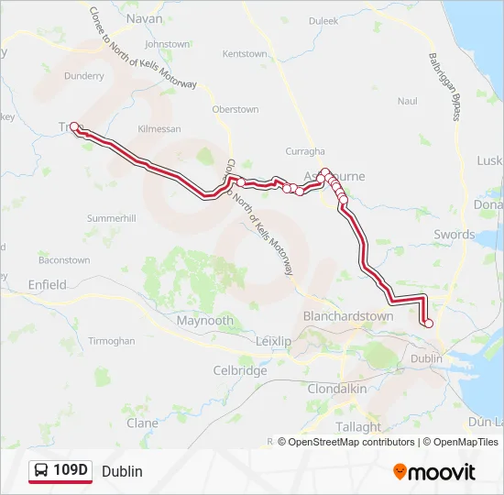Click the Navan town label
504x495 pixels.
144,18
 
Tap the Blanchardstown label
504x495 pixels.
348,316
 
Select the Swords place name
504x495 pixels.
455,235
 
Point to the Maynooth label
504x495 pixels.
205,321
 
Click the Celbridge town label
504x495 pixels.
239,371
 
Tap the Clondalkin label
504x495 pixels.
337,389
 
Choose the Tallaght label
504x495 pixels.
358,426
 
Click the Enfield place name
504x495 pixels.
48,285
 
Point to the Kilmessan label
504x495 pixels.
159,129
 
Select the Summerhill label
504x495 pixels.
111,218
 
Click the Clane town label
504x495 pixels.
142,423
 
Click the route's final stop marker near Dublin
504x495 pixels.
428,323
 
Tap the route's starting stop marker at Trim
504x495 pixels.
73,126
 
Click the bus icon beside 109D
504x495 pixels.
41,471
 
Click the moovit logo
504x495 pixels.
434,472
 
